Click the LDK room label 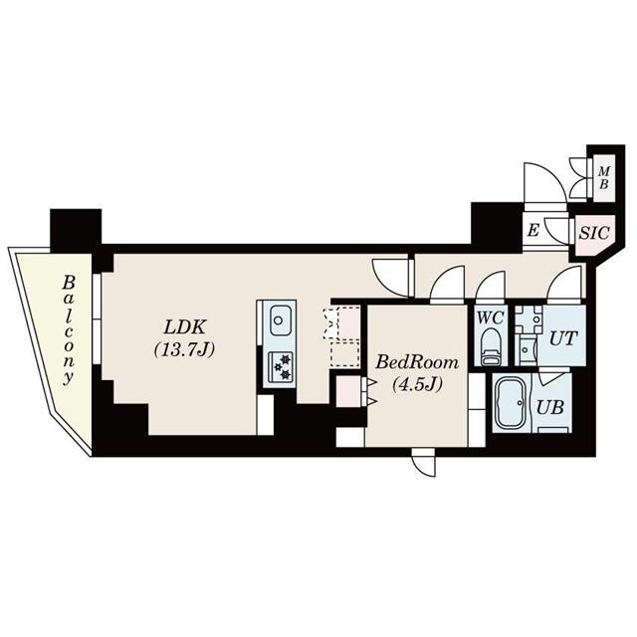(x=186, y=327)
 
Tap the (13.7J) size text (x=186, y=349)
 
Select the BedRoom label (x=417, y=362)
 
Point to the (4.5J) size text (x=417, y=384)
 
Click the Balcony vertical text (x=69, y=329)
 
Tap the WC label (x=489, y=317)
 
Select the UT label (x=562, y=337)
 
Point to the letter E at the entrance (x=533, y=231)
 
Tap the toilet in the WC (x=490, y=347)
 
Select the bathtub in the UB (x=511, y=404)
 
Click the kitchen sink (x=279, y=321)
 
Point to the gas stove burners (x=279, y=365)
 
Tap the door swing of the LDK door (x=390, y=273)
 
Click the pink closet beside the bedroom (x=348, y=389)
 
